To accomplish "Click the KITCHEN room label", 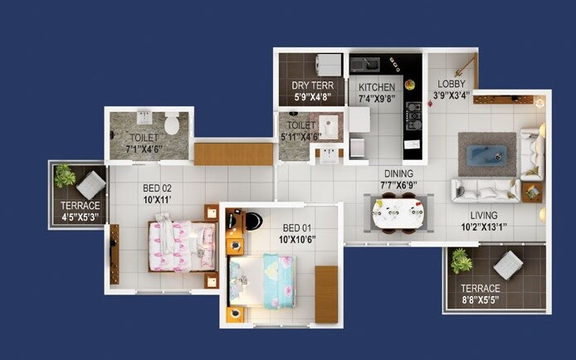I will pyautogui.click(x=376, y=86).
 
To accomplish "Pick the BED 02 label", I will pyautogui.click(x=158, y=187).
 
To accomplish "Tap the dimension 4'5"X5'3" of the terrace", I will pyautogui.click(x=80, y=217).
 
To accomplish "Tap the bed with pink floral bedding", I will pyautogui.click(x=180, y=244).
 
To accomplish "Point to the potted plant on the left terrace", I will pyautogui.click(x=65, y=175).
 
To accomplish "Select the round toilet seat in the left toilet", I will pyautogui.click(x=172, y=125).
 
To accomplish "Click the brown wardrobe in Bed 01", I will pyautogui.click(x=326, y=294).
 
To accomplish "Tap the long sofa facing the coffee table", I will pyautogui.click(x=486, y=190).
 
